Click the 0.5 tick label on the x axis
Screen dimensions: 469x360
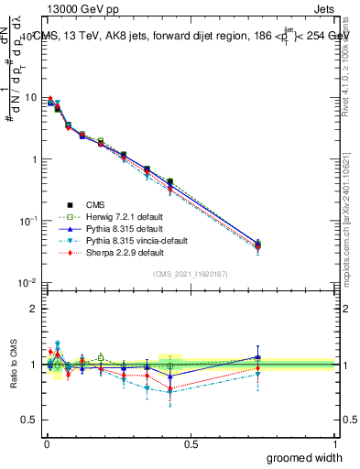tap(191, 444)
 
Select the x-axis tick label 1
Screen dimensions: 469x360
tap(334, 444)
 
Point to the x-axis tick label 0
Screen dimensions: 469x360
tap(47, 444)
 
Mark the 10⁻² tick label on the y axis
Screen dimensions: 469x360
tap(29, 282)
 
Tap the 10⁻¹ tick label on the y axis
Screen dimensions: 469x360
tap(29, 221)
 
